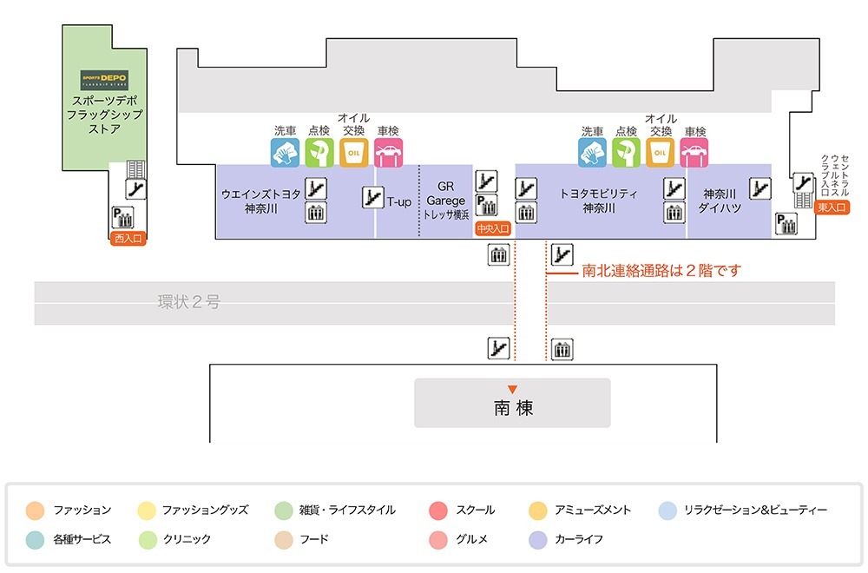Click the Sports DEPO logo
pyautogui.click(x=103, y=80)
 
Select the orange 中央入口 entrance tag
pyautogui.click(x=492, y=229)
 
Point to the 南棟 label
pyautogui.click(x=513, y=408)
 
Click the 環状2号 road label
pyautogui.click(x=188, y=302)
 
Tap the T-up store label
pyautogui.click(x=399, y=201)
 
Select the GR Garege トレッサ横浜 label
pyautogui.click(x=446, y=201)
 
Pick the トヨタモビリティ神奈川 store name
pyautogui.click(x=599, y=201)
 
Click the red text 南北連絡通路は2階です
pyautogui.click(x=661, y=271)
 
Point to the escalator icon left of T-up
pyautogui.click(x=372, y=197)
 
